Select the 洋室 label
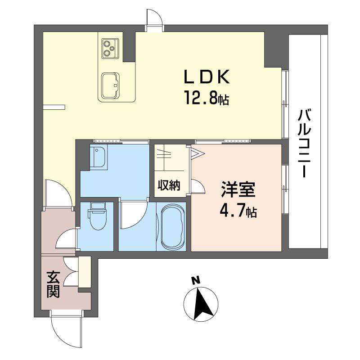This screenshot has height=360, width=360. click(x=238, y=189)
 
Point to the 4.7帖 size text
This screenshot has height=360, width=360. click(x=238, y=211)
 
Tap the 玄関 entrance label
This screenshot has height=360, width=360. click(x=53, y=284)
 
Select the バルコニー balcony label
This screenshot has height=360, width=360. click(x=304, y=144)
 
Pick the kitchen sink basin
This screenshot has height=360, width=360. click(x=110, y=85)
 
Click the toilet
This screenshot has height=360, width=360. click(x=98, y=216)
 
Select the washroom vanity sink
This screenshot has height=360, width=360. click(x=99, y=157)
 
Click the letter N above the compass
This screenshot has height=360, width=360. click(x=196, y=280)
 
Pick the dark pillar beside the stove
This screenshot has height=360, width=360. click(x=129, y=47)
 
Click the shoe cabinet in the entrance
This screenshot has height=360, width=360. click(x=85, y=272)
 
